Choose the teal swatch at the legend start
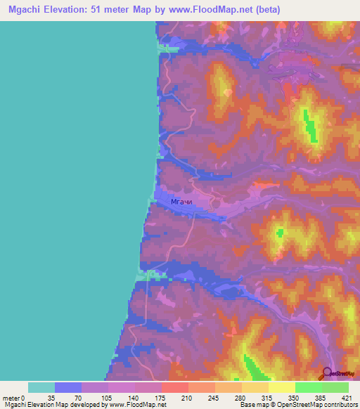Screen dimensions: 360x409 [x=41, y=387]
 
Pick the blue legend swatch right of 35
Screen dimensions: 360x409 [x=67, y=387]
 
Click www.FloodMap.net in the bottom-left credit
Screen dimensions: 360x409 [x=136, y=405]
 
